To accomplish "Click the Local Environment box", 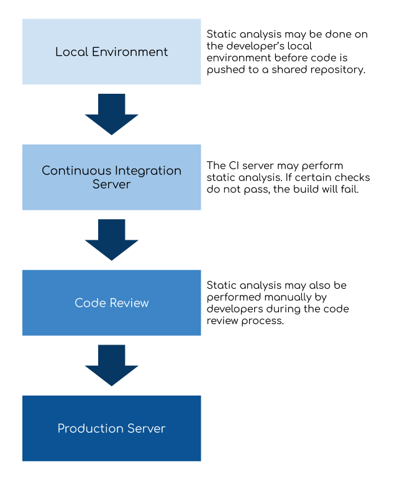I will pos(112,52).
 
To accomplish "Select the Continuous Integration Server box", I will pos(112,177).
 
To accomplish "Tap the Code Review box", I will pos(112,302).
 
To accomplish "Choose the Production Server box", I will pos(112,428).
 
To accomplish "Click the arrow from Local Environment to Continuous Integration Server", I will pos(112,114).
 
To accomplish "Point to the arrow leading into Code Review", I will pos(112,240).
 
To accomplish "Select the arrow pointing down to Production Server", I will pos(112,365).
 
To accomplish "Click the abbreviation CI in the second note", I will pos(234,165).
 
